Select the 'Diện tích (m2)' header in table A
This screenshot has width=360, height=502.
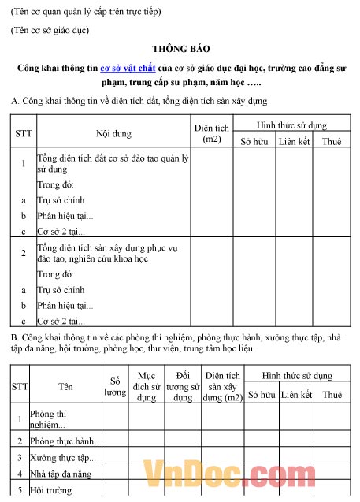point(211,133)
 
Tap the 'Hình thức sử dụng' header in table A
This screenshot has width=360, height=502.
point(291,125)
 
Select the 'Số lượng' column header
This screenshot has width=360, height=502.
point(115,386)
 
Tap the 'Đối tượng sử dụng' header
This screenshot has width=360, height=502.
point(183,386)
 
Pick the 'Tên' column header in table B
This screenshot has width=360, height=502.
point(65,387)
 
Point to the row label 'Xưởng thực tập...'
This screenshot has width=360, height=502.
point(62,457)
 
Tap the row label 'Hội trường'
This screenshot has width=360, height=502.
point(50,490)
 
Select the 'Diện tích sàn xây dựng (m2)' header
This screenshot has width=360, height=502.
point(221,386)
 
